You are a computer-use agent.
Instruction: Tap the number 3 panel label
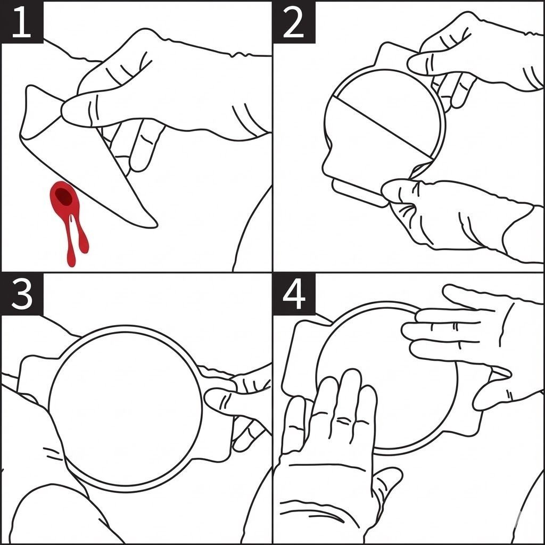[21, 295]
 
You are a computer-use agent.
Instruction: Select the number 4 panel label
[294, 295]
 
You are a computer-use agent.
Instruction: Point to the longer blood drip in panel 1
[71, 243]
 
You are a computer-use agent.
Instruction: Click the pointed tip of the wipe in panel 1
[156, 225]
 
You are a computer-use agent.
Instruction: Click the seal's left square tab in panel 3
[35, 379]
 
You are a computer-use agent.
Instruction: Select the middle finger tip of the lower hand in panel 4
[351, 377]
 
